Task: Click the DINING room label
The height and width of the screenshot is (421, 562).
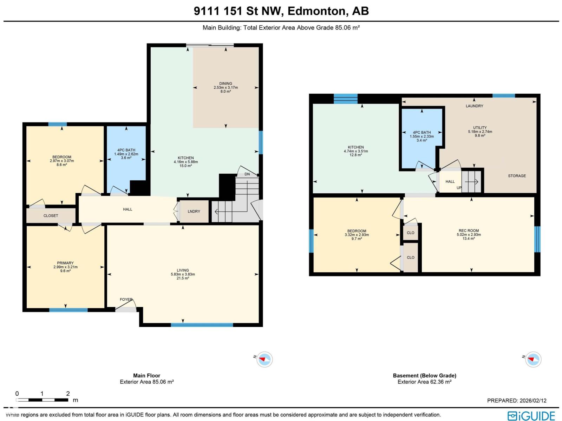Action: pos(226,83)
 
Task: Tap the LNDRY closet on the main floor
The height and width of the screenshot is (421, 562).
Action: pos(194,211)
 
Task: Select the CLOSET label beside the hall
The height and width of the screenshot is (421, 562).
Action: pos(51,215)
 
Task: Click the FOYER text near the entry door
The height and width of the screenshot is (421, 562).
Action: pos(126,300)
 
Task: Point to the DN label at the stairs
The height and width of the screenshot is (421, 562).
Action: pos(247,174)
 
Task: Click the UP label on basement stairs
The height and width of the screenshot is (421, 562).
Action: pos(459,188)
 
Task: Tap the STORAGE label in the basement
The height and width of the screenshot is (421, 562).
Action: pos(517,176)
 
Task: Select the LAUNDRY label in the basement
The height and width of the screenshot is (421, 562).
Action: pos(474,106)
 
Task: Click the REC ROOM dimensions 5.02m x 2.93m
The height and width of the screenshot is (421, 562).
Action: pos(469,235)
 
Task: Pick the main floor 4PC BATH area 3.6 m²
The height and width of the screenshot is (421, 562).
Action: pos(126,158)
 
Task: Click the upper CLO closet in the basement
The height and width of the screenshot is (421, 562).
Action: pos(410,233)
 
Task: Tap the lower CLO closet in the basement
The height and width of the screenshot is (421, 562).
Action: pos(410,257)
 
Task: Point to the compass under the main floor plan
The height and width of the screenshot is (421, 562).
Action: pos(264,359)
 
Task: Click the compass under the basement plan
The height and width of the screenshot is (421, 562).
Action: pos(533,359)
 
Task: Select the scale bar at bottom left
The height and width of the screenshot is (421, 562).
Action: pos(42,400)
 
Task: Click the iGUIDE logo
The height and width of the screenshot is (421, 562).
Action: pos(531,415)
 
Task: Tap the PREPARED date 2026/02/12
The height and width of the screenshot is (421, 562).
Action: pos(516,401)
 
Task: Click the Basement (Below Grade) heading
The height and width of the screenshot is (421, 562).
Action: pos(424,375)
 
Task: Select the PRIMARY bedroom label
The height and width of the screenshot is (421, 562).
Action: pos(65,263)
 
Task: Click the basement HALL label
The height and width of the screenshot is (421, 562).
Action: pos(450,181)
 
